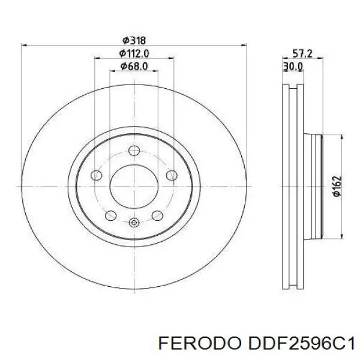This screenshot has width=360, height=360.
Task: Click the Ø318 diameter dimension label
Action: [134, 41]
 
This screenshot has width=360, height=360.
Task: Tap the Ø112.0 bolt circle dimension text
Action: [134, 53]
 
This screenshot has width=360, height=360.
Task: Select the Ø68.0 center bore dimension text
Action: [134, 67]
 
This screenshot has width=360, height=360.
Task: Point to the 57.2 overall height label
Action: [302, 54]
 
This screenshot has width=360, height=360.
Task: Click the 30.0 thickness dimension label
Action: [293, 67]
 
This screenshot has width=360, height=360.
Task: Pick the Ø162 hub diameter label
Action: [337, 186]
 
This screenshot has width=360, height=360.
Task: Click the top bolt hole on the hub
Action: [134, 151]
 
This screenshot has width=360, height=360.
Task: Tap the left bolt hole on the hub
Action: [97, 176]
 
